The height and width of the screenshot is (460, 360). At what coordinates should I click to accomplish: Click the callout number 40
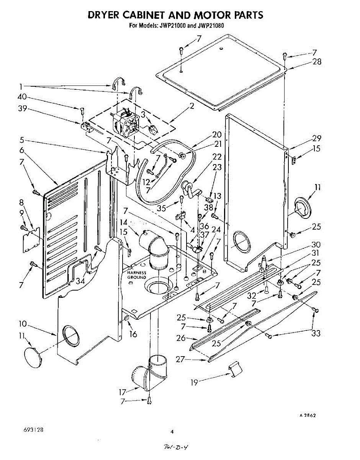tap(22, 97)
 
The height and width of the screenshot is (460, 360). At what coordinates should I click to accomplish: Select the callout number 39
tap(22, 109)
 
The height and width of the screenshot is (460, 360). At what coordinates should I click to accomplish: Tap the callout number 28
tap(317, 62)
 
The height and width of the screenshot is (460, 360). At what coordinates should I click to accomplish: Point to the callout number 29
tap(316, 139)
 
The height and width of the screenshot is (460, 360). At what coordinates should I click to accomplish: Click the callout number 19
tap(195, 382)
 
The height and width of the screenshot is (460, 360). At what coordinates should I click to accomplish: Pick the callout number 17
tap(123, 392)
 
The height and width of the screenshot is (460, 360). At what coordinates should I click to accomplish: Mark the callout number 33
tap(316, 333)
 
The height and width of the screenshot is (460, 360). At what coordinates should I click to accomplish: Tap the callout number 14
tap(123, 222)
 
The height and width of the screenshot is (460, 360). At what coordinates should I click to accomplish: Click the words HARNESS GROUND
tap(137, 275)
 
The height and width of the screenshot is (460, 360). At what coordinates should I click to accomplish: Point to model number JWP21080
tap(210, 26)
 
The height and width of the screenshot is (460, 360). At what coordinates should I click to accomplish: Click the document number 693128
tap(33, 430)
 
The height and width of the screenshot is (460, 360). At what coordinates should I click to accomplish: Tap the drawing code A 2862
tap(308, 416)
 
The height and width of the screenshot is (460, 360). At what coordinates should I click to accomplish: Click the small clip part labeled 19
tap(236, 370)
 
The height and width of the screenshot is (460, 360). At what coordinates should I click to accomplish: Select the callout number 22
tap(217, 157)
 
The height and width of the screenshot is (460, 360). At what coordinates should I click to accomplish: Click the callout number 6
tap(22, 151)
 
